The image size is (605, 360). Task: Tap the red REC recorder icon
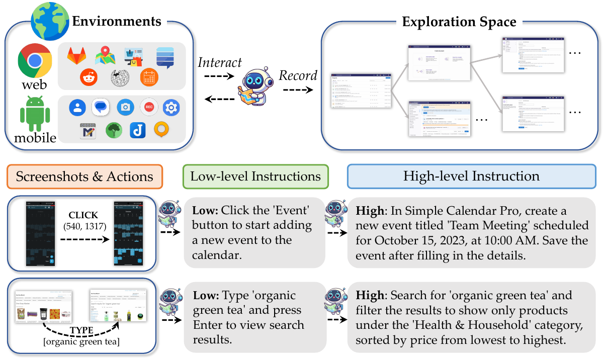click(149, 107)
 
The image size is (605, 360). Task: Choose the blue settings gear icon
click(171, 107)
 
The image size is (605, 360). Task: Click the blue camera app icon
click(125, 107)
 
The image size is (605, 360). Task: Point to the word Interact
click(220, 63)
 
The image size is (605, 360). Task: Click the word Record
click(298, 75)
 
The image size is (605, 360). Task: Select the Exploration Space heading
click(459, 22)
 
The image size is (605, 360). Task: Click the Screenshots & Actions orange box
click(84, 176)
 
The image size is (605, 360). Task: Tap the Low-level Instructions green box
click(255, 176)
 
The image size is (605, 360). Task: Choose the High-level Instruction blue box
click(471, 176)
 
